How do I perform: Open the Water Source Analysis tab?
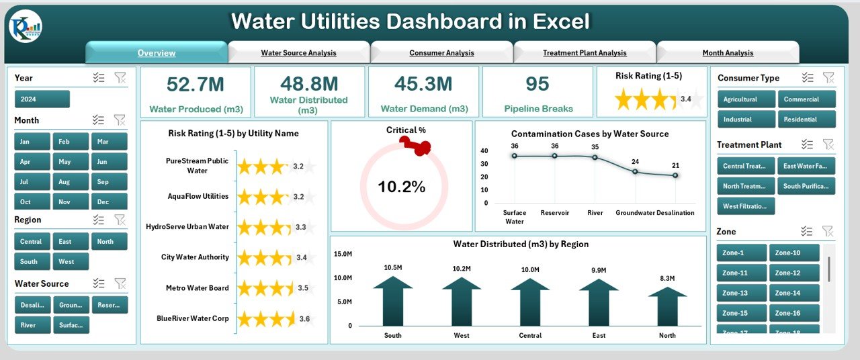(x=298, y=52)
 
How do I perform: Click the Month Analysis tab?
(x=728, y=52)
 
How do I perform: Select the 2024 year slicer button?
(x=42, y=99)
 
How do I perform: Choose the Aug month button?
(x=64, y=182)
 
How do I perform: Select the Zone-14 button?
(x=794, y=293)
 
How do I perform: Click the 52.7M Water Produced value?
(x=196, y=84)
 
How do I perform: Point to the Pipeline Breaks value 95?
(x=537, y=84)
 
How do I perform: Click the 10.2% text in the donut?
(x=401, y=187)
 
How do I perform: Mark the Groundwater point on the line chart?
(x=635, y=171)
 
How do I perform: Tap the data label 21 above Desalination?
(x=675, y=165)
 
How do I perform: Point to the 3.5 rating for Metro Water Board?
(x=302, y=287)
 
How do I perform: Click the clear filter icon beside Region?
(x=120, y=220)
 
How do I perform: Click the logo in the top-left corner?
(x=26, y=28)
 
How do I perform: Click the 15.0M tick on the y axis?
(x=343, y=254)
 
